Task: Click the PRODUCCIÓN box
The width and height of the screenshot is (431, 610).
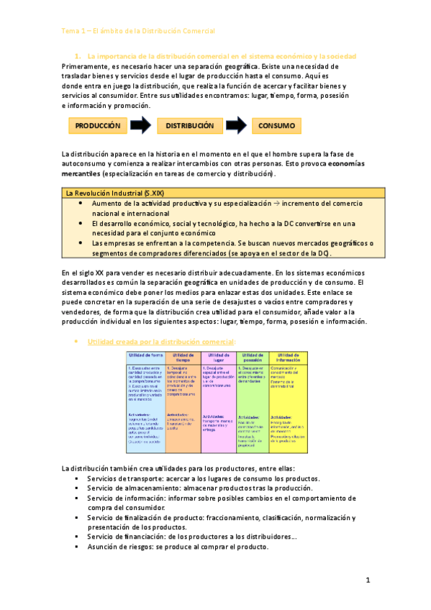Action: tap(97, 126)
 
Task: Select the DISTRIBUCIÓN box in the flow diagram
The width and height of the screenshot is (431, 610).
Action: tap(190, 126)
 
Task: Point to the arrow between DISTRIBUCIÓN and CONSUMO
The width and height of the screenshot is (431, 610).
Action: tap(235, 126)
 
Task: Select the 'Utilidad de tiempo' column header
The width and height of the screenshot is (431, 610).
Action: tap(183, 358)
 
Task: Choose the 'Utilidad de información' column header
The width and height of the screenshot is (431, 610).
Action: tap(289, 358)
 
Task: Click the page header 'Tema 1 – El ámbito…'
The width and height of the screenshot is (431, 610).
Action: tap(138, 32)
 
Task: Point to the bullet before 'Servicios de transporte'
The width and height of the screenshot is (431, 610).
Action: tap(76, 478)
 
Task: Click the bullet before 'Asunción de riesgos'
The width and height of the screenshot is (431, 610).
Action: tap(76, 547)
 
